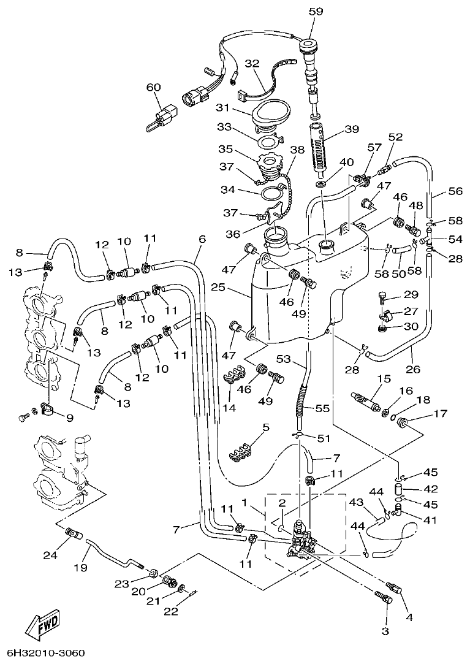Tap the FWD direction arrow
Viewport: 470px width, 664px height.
tap(44, 626)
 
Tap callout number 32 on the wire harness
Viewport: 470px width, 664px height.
tap(252, 63)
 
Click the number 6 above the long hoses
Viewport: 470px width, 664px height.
tap(202, 240)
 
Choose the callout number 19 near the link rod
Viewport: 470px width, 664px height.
tap(81, 568)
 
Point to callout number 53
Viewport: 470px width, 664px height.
tap(282, 358)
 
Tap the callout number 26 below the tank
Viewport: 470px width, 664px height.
tap(412, 370)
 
